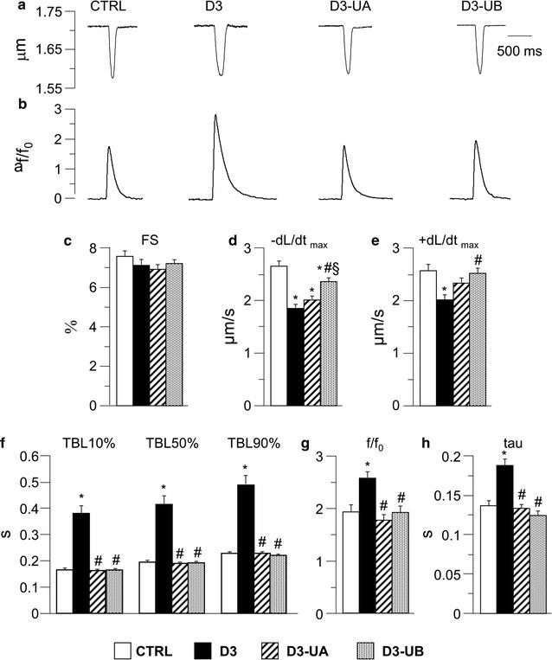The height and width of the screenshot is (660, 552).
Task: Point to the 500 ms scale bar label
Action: pyautogui.click(x=519, y=51)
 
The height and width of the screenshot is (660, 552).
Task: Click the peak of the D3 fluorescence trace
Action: pyautogui.click(x=215, y=115)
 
